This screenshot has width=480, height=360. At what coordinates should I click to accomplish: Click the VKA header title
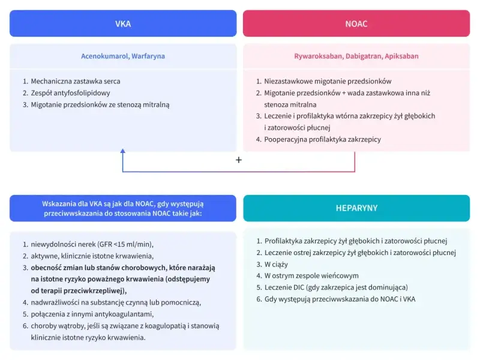[x=123, y=24]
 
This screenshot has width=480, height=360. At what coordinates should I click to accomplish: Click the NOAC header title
[x=356, y=24]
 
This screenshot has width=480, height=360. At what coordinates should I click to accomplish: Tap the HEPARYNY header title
[x=356, y=208]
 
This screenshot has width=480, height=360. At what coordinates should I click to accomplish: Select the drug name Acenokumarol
[x=104, y=56]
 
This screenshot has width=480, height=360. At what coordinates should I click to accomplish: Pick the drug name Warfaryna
[x=148, y=56]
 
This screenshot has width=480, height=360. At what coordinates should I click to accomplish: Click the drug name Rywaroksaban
[x=319, y=56]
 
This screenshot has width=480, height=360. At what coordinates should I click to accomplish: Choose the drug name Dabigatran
[x=364, y=56]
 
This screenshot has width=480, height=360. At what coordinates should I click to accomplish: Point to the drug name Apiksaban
[x=401, y=56]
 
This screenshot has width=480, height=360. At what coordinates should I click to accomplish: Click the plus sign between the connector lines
[x=239, y=160]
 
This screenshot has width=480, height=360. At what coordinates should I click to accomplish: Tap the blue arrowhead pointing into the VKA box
[x=123, y=151]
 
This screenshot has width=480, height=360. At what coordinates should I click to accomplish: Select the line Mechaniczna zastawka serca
[x=76, y=82]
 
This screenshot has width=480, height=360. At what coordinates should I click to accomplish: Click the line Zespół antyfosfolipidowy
[x=70, y=93]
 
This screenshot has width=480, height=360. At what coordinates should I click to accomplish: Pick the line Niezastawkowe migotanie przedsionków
[x=328, y=82]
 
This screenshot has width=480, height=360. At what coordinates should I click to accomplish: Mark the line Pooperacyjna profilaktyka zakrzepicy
[x=323, y=140]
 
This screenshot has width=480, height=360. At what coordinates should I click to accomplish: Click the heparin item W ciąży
[x=276, y=265]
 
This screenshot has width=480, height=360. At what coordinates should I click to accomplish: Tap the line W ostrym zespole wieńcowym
[x=311, y=276]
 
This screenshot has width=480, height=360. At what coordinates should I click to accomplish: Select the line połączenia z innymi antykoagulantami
[x=92, y=314]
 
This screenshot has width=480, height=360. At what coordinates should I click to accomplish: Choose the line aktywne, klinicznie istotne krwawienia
[x=92, y=256]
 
